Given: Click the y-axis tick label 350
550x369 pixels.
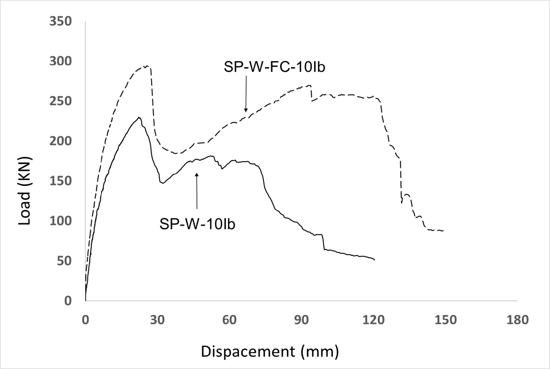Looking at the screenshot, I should (61, 22).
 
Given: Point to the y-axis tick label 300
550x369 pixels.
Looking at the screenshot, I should (61, 61).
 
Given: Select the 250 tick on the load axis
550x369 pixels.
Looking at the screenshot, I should (61, 101).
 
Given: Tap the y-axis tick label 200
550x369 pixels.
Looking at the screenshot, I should (61, 141).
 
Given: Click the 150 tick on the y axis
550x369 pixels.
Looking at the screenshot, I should (61, 181).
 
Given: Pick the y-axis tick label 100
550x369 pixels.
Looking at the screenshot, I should (61, 221).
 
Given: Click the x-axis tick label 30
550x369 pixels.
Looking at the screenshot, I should (157, 319).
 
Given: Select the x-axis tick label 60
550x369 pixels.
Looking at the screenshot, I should (229, 319).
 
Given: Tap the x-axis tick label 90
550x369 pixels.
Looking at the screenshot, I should (301, 319).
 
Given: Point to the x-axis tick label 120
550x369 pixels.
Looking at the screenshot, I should (373, 319).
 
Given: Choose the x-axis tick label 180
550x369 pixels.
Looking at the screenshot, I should (517, 319).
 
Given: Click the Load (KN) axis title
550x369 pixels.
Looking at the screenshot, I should (25, 191).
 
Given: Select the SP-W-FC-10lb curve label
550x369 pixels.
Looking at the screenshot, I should (274, 67).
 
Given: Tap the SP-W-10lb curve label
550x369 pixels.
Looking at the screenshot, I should (197, 224).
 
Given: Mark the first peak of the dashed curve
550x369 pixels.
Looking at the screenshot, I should (148, 66).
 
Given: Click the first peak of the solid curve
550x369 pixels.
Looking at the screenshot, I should (139, 117).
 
